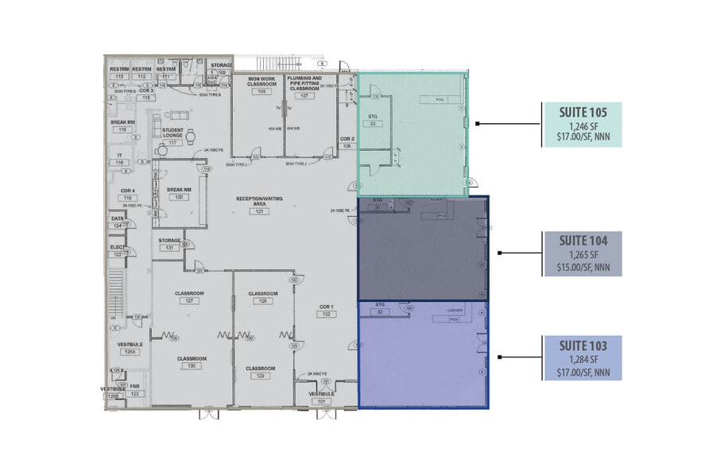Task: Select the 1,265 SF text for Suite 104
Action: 582,255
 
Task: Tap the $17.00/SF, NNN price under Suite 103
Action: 582,372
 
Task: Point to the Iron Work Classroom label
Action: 262,83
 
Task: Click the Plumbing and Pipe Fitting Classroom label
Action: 304,83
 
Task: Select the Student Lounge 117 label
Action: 173,135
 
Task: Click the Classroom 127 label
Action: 189,297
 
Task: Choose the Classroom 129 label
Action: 261,372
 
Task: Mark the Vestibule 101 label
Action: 321,397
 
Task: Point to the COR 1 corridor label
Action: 325,310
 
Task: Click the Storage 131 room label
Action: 169,243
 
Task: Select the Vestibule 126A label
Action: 130,348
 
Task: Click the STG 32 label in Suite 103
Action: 380,308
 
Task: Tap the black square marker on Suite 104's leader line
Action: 498,253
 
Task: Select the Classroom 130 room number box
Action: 191,367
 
